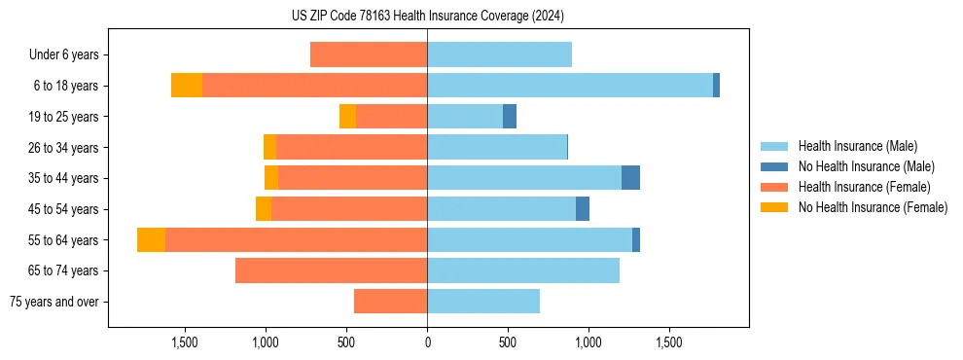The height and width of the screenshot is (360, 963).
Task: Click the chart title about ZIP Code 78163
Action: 427,16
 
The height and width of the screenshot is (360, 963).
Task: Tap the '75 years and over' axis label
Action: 54,302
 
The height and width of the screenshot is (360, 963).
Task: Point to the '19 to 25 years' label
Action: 63,117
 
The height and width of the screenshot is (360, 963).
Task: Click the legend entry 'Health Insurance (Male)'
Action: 857,146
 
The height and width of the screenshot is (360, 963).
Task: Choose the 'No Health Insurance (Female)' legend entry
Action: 873,207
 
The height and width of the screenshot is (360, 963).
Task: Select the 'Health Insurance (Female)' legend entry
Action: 864,187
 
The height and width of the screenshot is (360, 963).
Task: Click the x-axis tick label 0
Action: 427,342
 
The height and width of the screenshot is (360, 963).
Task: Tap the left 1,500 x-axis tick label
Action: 185,342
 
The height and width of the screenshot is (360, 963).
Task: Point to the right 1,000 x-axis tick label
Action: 588,342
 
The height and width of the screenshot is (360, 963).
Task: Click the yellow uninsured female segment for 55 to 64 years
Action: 151,239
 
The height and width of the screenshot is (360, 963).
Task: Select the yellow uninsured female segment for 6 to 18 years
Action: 187,86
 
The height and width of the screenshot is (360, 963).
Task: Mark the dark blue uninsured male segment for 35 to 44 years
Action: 630,178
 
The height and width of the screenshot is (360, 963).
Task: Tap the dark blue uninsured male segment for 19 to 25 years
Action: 510,117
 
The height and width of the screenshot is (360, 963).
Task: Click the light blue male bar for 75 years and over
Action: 483,302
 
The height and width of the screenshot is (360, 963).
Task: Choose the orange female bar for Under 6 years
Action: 369,54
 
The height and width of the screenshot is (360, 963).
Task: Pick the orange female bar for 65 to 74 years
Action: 331,270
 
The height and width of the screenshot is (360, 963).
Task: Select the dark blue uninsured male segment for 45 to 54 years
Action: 583,209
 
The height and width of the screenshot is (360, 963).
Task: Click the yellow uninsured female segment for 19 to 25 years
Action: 347,117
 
